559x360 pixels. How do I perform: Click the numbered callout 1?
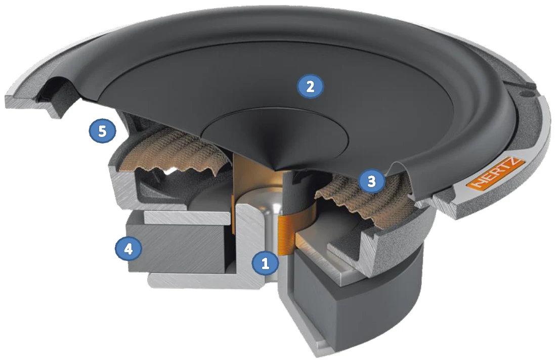click(265, 263)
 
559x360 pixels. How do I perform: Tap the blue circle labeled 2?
click(310, 86)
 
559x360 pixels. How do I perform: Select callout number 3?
click(371, 182)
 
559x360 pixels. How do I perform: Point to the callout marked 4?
click(128, 248)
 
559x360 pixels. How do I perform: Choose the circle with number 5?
click(103, 131)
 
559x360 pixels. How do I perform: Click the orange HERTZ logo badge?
click(495, 174)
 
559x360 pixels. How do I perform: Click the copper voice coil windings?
click(285, 236)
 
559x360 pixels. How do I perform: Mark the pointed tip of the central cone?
click(276, 167)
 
